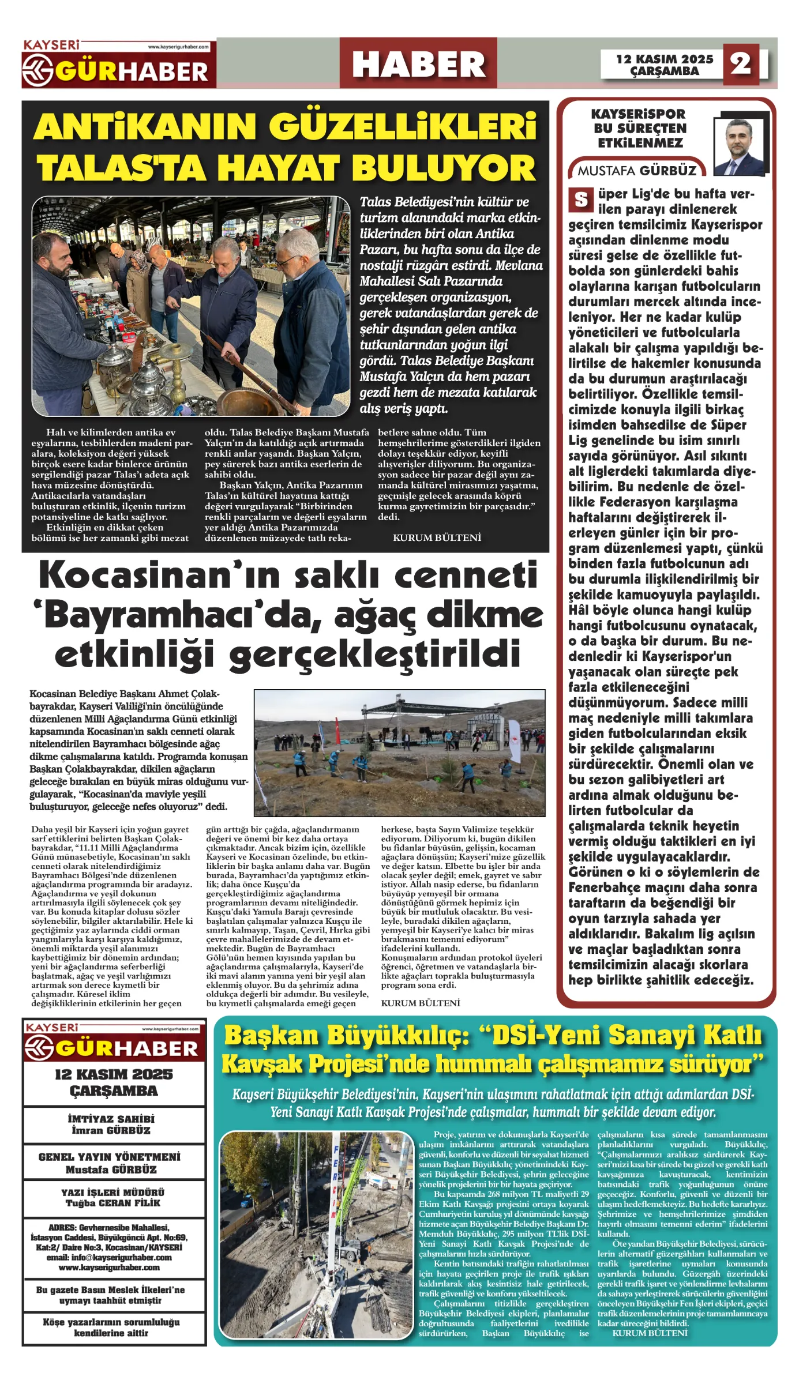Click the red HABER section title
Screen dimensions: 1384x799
pyautogui.click(x=418, y=64)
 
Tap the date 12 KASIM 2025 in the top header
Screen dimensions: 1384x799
pyautogui.click(x=665, y=59)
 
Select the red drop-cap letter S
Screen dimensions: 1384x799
pyautogui.click(x=580, y=200)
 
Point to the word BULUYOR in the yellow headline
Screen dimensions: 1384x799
pyautogui.click(x=444, y=168)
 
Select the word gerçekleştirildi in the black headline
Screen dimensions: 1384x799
pyautogui.click(x=374, y=655)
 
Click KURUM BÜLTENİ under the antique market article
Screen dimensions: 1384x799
pyautogui.click(x=437, y=537)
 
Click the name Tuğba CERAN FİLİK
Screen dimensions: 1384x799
pyautogui.click(x=113, y=1203)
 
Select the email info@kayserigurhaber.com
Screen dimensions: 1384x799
pyautogui.click(x=109, y=1257)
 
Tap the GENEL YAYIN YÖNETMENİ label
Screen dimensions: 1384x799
pyautogui.click(x=110, y=1157)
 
